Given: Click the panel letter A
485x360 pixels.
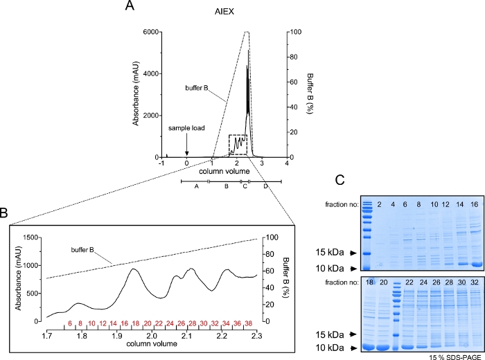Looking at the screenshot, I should point(129,6).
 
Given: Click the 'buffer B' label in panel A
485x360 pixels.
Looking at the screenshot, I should point(199,88).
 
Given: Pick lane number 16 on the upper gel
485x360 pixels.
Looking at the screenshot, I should point(475,204).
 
